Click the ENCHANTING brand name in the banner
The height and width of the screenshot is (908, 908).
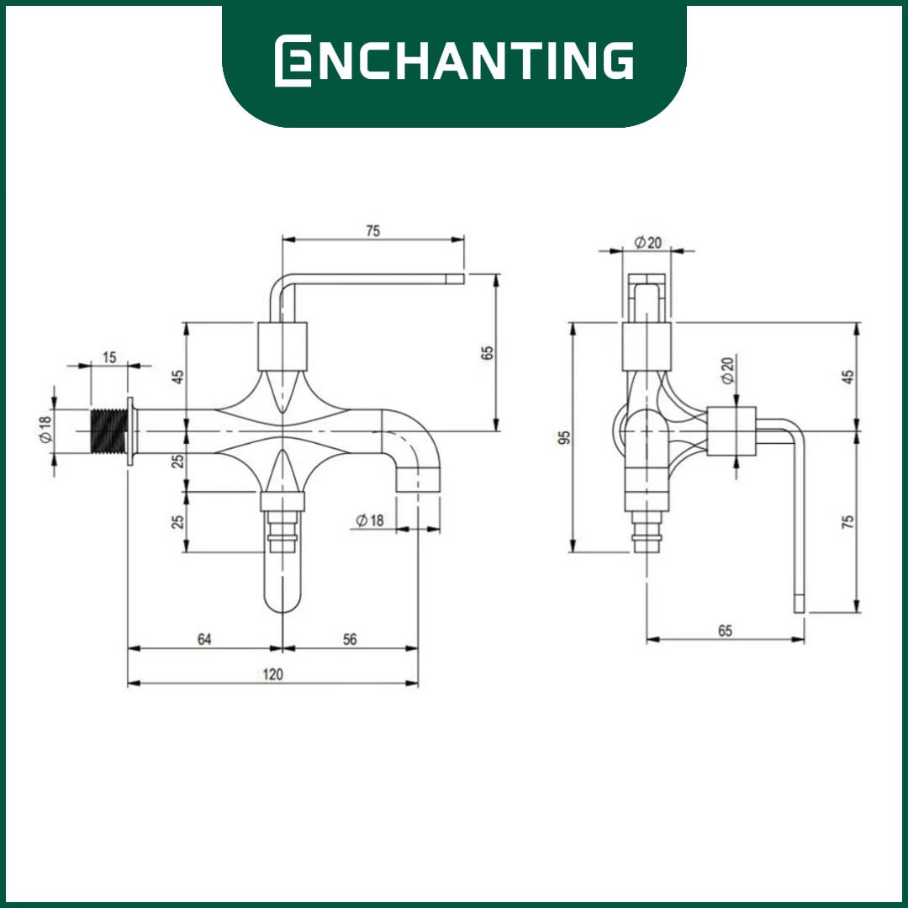tap(453, 61)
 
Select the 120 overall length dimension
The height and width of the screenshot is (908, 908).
tap(272, 674)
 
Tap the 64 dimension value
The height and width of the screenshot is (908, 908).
tap(204, 639)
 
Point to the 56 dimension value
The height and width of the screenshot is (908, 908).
tap(350, 639)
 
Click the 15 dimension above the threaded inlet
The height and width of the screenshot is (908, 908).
tap(109, 357)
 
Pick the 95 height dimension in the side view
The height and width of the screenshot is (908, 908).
tap(565, 437)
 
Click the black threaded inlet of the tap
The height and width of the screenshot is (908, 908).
tap(108, 430)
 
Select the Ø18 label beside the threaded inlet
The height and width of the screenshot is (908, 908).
tap(45, 429)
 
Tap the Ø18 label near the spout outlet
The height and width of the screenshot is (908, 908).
tap(370, 520)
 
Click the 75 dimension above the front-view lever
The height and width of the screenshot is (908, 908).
tap(373, 231)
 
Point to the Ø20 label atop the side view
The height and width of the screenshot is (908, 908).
tap(647, 242)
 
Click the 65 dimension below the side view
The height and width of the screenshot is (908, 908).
tap(725, 631)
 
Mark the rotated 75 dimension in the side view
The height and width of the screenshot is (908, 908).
tap(847, 521)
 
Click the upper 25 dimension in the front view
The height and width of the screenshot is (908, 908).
tap(179, 461)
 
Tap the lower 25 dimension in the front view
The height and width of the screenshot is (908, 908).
tap(179, 521)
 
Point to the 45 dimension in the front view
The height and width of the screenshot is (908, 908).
tap(179, 377)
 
